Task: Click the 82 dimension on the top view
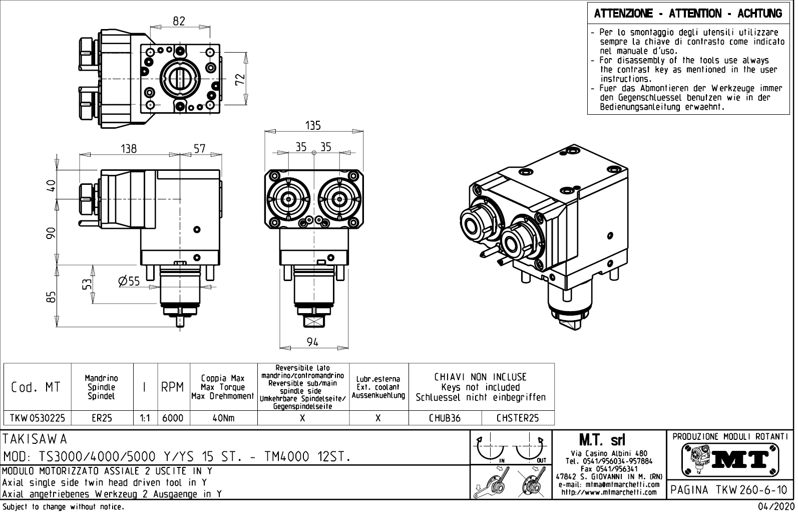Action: pos(179,21)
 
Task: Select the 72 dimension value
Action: pos(240,79)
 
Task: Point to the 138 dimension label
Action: pos(129,149)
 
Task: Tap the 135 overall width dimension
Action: pos(313,125)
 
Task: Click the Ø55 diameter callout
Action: pos(129,281)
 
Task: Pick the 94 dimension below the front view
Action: pos(313,342)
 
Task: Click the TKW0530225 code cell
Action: pos(38,418)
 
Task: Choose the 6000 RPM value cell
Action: pos(173,418)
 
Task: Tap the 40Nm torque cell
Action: pos(223,418)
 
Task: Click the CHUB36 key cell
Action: pos(445,418)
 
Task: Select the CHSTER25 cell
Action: pos(518,418)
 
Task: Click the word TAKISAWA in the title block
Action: pos(35,439)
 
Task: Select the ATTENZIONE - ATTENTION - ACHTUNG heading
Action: pos(688,14)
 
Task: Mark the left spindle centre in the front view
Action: pos(289,199)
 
